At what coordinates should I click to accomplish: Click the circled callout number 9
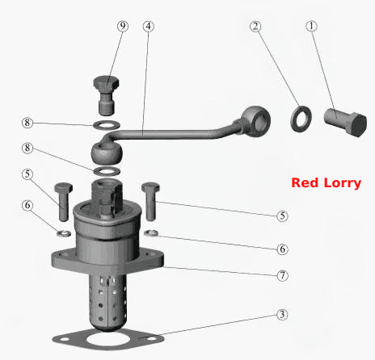[123, 26]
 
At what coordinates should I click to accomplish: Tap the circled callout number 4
[149, 27]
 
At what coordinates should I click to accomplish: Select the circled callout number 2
[255, 26]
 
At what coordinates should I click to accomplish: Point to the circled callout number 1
[312, 26]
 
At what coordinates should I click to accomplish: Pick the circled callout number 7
[282, 275]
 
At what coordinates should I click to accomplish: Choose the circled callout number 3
[282, 314]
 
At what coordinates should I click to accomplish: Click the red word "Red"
[305, 183]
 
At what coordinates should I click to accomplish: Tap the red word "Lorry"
[343, 184]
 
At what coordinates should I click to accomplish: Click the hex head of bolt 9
[106, 84]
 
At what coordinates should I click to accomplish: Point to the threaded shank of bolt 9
[106, 106]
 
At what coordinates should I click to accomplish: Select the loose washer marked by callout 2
[301, 119]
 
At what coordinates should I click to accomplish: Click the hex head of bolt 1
[356, 125]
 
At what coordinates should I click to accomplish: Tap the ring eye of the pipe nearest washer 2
[255, 119]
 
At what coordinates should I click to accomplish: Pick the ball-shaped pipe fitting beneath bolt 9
[107, 153]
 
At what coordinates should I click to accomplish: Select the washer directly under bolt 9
[107, 125]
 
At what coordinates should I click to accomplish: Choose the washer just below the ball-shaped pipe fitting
[107, 170]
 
